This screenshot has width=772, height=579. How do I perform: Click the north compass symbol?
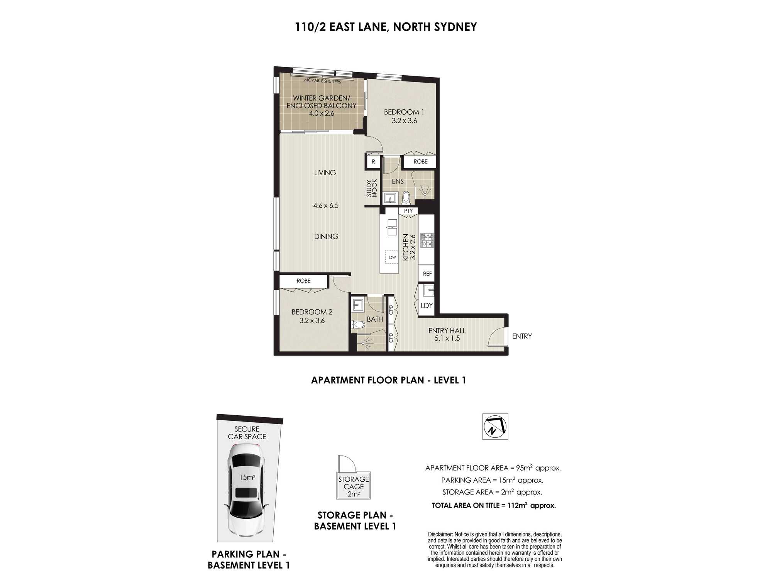click(x=495, y=427)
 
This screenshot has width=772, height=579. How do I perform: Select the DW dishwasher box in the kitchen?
click(x=392, y=257)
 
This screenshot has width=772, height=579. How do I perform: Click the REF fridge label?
click(x=427, y=274)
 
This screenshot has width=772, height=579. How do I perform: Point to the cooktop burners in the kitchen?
click(x=427, y=240)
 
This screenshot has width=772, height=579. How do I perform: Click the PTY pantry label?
click(x=408, y=211)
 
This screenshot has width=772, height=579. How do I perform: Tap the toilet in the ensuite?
click(x=406, y=198)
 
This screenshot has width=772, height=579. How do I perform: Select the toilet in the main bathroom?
click(x=357, y=325)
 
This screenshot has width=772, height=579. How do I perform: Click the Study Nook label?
click(x=372, y=188)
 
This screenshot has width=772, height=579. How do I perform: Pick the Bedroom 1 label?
click(x=404, y=112)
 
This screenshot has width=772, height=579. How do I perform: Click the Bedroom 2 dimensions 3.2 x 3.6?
click(x=312, y=320)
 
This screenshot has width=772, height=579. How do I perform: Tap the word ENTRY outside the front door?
click(x=522, y=336)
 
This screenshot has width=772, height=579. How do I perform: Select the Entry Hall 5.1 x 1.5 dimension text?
click(x=447, y=338)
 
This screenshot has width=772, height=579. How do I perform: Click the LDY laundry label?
click(x=427, y=305)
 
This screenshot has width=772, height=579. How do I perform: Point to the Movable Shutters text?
click(x=323, y=81)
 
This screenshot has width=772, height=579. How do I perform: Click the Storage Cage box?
click(x=354, y=486)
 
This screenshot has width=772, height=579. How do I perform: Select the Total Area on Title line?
click(x=494, y=505)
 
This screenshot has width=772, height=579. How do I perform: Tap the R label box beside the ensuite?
click(x=373, y=162)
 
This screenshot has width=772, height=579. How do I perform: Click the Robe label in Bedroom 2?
click(x=303, y=281)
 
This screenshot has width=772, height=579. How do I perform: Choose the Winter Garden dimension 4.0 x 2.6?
click(x=322, y=113)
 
